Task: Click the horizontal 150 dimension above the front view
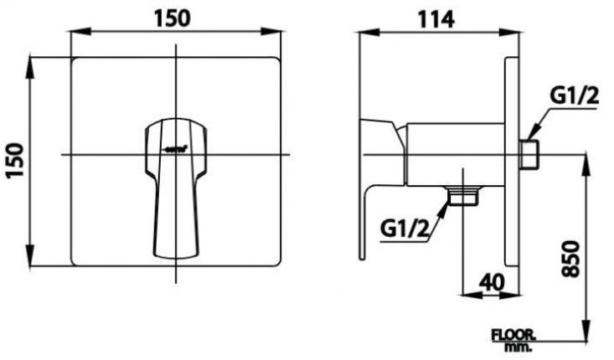(x=174, y=18)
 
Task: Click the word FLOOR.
(x=513, y=333)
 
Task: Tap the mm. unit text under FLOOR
(x=513, y=346)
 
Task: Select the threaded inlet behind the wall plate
(x=529, y=155)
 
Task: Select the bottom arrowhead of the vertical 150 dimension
(x=32, y=261)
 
